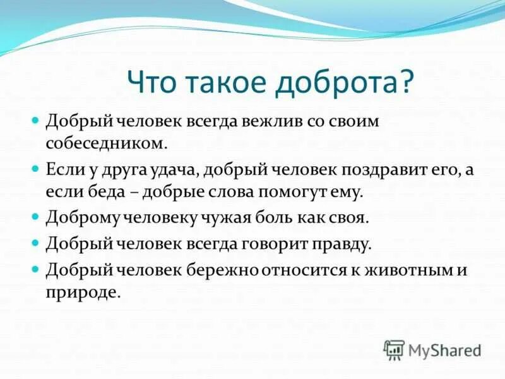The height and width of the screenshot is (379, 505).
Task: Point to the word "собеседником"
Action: [x=106, y=143]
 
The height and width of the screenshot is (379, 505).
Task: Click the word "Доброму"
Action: [x=83, y=217]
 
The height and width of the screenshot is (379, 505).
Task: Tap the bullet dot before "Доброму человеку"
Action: [x=36, y=217]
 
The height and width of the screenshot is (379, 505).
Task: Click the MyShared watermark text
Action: [x=445, y=349]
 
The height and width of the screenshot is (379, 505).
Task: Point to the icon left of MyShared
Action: [x=394, y=349]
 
